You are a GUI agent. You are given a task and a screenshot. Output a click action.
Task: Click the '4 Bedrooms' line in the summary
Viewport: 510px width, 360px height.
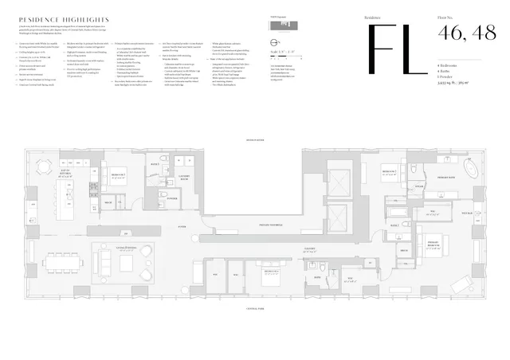[x=450, y=65]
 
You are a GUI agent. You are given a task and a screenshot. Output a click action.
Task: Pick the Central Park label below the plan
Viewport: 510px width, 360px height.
[x=256, y=311]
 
